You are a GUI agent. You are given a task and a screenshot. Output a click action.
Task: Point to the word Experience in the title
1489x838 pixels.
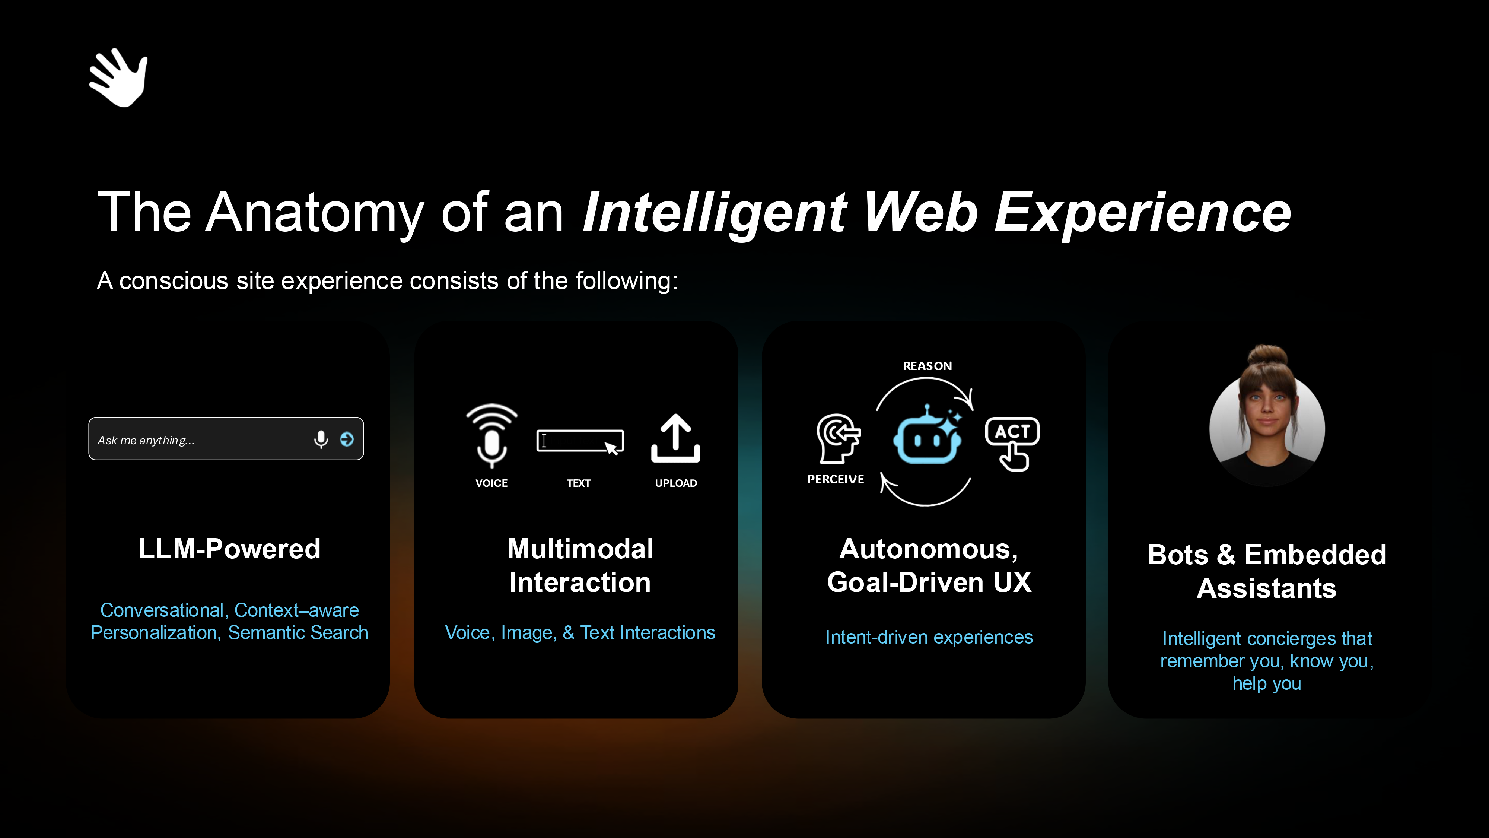[1142, 214]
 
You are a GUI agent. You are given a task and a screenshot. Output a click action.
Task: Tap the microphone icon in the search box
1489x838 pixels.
[321, 439]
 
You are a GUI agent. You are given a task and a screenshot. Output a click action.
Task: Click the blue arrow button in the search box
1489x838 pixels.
[347, 439]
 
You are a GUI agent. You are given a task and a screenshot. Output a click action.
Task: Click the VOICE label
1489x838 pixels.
[491, 483]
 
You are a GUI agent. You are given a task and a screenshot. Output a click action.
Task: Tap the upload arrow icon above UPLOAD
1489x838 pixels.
[676, 438]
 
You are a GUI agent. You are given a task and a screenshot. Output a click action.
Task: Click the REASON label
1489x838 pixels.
[927, 366]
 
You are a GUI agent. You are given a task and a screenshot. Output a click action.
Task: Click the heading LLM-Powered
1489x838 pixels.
[229, 549]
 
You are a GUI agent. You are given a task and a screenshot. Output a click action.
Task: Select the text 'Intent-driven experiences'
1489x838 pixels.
[929, 637]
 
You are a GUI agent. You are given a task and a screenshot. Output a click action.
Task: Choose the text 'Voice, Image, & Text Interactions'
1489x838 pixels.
[580, 633]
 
